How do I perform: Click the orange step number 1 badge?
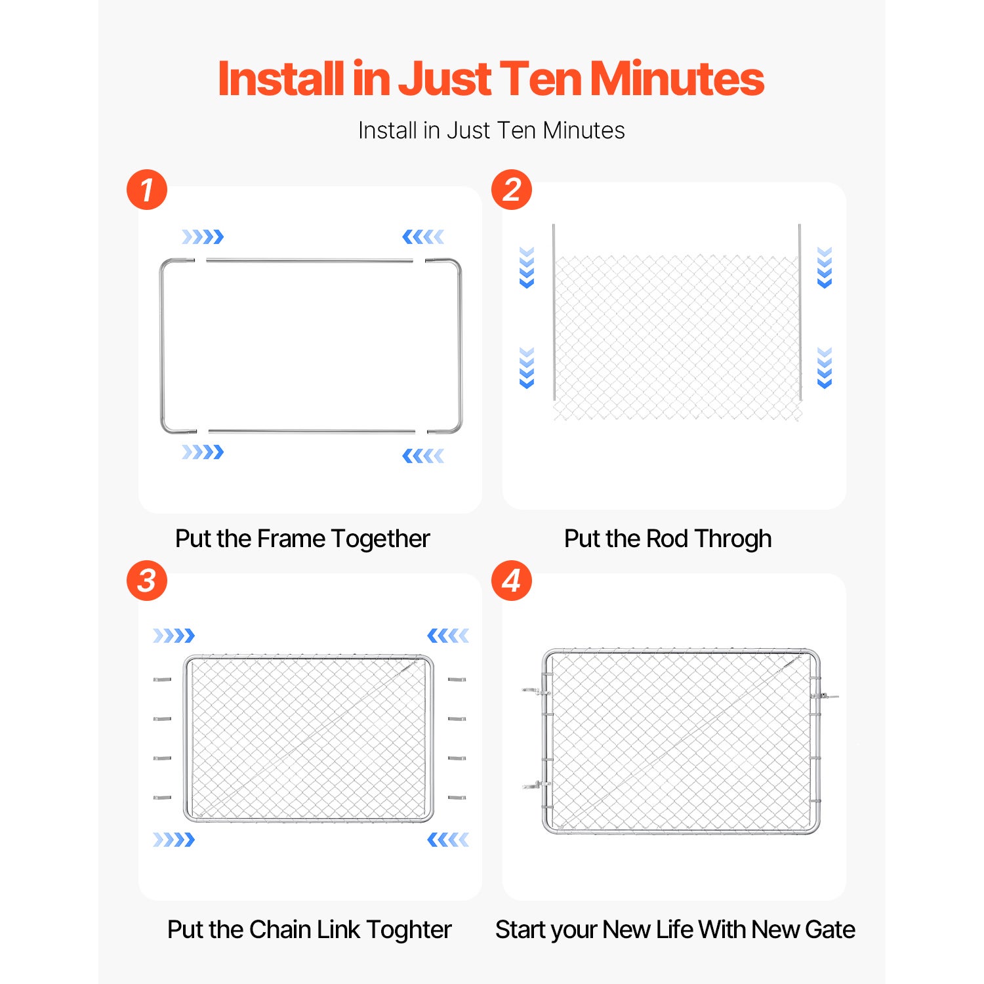(147, 190)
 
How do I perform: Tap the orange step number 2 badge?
(512, 190)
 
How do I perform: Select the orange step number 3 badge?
(147, 580)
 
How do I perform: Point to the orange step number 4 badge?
(512, 580)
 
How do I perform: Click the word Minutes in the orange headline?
(677, 79)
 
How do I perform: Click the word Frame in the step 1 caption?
(291, 539)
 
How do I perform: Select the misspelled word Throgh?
(733, 539)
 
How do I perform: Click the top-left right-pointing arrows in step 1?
(203, 237)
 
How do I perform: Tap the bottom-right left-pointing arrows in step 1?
(423, 456)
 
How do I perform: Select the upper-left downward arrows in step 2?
(527, 268)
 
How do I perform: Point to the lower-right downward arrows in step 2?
(825, 368)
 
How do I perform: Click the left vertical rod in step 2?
(554, 312)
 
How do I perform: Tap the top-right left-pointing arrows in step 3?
(448, 635)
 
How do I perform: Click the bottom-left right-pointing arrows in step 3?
(174, 840)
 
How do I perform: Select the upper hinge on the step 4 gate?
(535, 691)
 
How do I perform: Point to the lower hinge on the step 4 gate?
(535, 785)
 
